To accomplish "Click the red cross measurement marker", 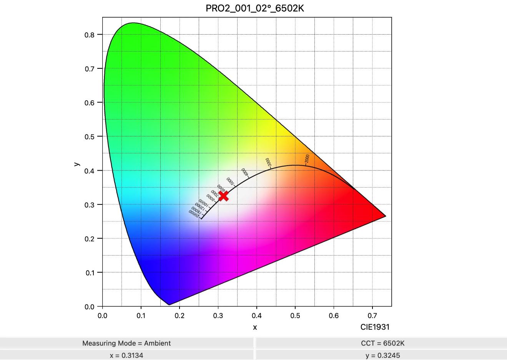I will pyautogui.click(x=223, y=196).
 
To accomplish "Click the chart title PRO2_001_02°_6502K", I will pyautogui.click(x=255, y=8).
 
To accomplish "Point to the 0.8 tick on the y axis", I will pyautogui.click(x=89, y=35).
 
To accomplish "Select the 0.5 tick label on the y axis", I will pyautogui.click(x=89, y=137).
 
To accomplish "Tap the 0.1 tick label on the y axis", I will pyautogui.click(x=89, y=273).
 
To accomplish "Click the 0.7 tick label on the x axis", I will pyautogui.click(x=372, y=316).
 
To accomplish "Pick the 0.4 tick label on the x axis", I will pyautogui.click(x=256, y=316).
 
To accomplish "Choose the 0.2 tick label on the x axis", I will pyautogui.click(x=180, y=316).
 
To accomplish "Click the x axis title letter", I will pyautogui.click(x=255, y=327).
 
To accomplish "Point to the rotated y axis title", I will pyautogui.click(x=76, y=164).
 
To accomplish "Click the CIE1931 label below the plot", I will pyautogui.click(x=375, y=327).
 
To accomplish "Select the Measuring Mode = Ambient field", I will pyautogui.click(x=126, y=343).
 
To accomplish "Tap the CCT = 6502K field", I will pyautogui.click(x=382, y=343).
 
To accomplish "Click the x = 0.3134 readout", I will pyautogui.click(x=126, y=355).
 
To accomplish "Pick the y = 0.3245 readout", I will pyautogui.click(x=382, y=355).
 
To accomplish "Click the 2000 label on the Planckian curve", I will pyautogui.click(x=307, y=158).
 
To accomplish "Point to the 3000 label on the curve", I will pyautogui.click(x=268, y=162).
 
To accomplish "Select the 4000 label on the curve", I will pyautogui.click(x=245, y=172).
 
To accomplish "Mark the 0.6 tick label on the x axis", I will pyautogui.click(x=334, y=316).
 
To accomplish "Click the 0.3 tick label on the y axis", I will pyautogui.click(x=89, y=205).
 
